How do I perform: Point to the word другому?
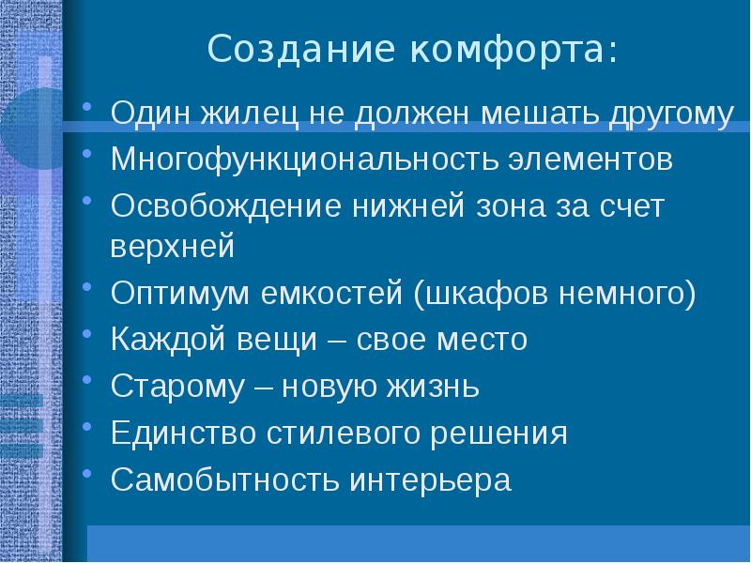point(669,114)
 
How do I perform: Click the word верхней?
point(171,248)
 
